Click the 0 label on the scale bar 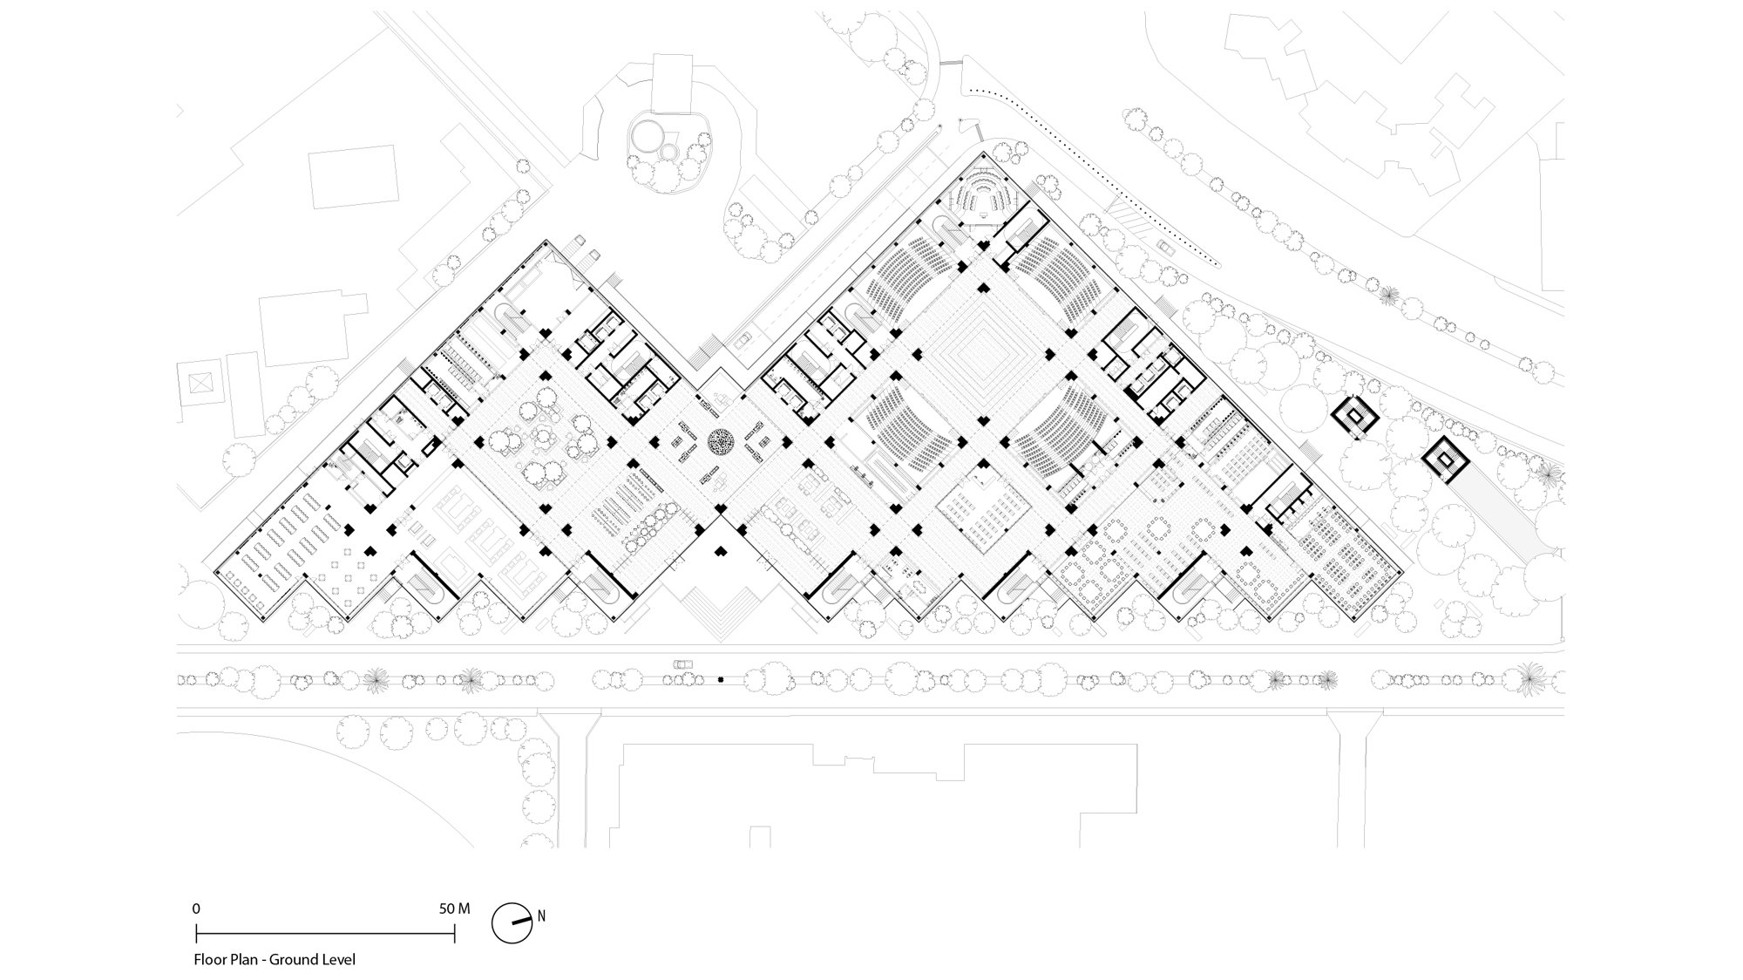pyautogui.click(x=196, y=909)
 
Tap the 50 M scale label pyautogui.click(x=454, y=909)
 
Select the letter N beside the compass pyautogui.click(x=541, y=916)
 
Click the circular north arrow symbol pyautogui.click(x=511, y=923)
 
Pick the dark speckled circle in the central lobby pyautogui.click(x=722, y=443)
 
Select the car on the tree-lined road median pyautogui.click(x=683, y=664)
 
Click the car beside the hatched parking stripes pyautogui.click(x=1166, y=247)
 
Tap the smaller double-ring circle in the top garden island pyautogui.click(x=669, y=152)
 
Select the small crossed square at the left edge pyautogui.click(x=200, y=382)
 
